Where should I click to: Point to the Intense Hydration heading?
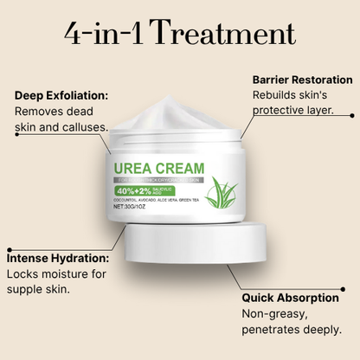(59, 258)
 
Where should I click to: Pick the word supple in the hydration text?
(27, 289)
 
